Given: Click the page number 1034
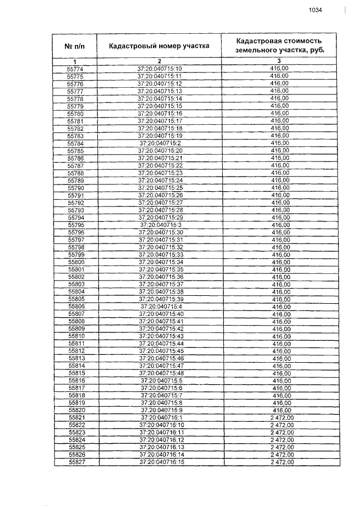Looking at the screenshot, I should click(315, 10).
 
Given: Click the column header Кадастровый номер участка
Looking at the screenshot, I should click(159, 46).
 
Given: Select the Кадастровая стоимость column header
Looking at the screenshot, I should click(279, 46).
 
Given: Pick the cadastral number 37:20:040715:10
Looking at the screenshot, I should click(160, 69).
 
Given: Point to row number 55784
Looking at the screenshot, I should click(75, 143).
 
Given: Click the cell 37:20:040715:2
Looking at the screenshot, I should click(160, 143).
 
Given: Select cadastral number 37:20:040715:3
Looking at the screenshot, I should click(160, 225).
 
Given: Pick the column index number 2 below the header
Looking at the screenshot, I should click(159, 61).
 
